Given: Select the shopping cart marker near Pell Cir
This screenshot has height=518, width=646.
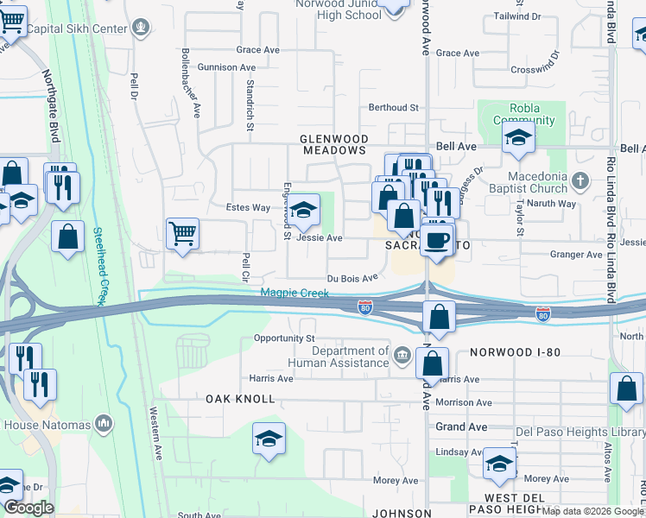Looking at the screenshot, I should (182, 233).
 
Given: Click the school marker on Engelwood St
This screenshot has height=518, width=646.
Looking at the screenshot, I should (303, 210).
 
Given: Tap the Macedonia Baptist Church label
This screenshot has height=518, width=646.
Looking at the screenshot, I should (537, 182).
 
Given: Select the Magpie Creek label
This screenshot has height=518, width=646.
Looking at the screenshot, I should (295, 294).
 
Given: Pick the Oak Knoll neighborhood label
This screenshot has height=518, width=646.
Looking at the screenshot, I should (240, 399).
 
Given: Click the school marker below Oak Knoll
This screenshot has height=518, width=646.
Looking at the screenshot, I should (269, 439).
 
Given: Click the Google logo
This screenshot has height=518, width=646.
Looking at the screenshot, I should (28, 508).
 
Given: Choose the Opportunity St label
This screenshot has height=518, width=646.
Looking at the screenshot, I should (284, 338).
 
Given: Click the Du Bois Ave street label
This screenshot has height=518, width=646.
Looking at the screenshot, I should (352, 278).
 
